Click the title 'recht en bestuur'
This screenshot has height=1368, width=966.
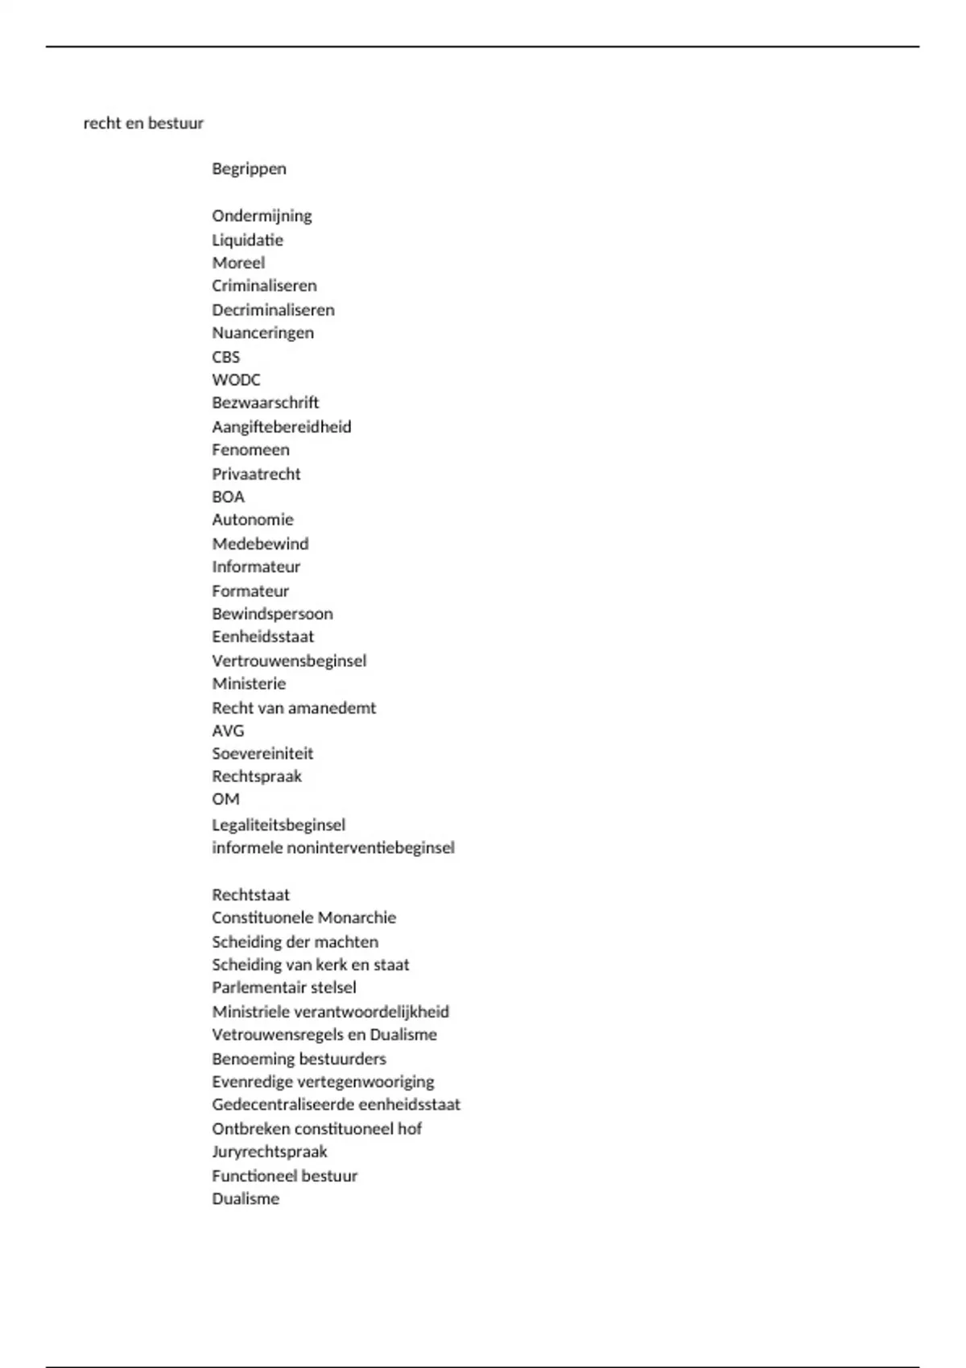(x=143, y=123)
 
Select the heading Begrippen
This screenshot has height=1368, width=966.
(x=249, y=168)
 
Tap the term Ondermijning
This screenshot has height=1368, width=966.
(x=262, y=216)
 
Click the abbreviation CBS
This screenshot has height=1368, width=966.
(x=225, y=356)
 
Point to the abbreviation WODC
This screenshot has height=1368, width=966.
(x=236, y=379)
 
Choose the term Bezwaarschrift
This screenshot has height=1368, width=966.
(x=265, y=402)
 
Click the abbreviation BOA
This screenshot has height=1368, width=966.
(x=228, y=497)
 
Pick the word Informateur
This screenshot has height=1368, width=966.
(x=255, y=567)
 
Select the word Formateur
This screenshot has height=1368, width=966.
(x=250, y=591)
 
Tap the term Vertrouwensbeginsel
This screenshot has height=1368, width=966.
(x=288, y=661)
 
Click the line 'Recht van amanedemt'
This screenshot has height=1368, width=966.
(x=293, y=708)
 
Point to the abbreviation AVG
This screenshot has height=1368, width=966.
(x=228, y=731)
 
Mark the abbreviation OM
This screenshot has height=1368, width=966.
(x=225, y=799)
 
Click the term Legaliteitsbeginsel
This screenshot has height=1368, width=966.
(x=278, y=825)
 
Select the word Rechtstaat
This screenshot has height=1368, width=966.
(x=250, y=895)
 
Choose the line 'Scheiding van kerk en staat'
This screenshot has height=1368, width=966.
(x=310, y=964)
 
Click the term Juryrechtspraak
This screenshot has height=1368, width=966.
(x=269, y=1152)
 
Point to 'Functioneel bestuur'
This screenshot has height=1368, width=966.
(x=284, y=1176)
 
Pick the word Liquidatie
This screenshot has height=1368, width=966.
(x=247, y=240)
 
